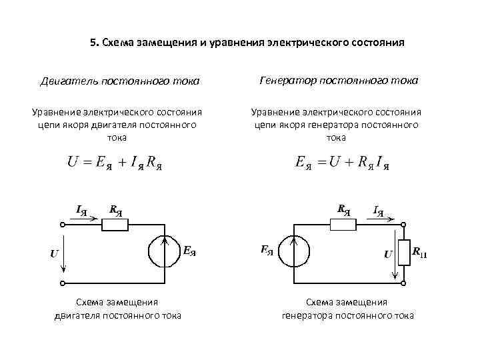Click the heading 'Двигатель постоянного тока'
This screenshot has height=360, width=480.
point(119,81)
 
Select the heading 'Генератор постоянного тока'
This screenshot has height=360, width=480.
point(338,80)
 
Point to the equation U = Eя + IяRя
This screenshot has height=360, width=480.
point(115,163)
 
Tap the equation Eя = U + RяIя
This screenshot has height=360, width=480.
point(342,163)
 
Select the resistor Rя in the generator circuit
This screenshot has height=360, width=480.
point(345,225)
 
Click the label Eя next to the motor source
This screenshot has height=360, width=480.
point(189,251)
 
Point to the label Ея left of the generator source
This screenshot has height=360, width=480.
point(266,251)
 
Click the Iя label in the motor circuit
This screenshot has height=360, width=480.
point(83,211)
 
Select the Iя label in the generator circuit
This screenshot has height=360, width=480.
point(379,211)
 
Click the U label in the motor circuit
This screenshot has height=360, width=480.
point(53,253)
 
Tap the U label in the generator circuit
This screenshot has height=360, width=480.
point(387,253)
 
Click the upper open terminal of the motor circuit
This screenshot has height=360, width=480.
point(64,225)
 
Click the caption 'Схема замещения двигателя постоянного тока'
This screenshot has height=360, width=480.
point(117,309)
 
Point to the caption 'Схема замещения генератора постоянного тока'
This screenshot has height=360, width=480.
point(347,309)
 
